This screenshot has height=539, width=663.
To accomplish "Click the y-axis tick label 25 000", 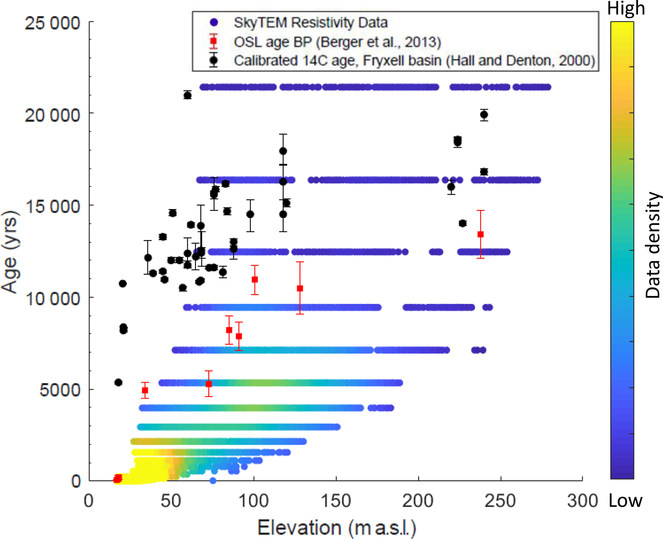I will (52, 23).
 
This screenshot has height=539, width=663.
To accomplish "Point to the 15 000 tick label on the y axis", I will (52, 206).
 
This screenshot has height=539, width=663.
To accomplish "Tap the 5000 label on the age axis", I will (60, 390).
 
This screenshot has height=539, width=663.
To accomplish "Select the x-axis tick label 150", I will (336, 501).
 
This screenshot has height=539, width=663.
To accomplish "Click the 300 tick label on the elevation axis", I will (582, 501).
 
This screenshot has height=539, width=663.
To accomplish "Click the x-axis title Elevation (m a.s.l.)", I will (337, 527).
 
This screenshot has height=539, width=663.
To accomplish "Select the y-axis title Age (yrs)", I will (10, 252).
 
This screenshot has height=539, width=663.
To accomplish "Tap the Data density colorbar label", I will (652, 245).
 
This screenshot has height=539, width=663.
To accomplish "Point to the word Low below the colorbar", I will (625, 501).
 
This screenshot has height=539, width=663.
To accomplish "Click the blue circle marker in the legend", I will (214, 22).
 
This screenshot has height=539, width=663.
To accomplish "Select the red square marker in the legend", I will (214, 41).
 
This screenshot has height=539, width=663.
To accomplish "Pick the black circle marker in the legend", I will (214, 60).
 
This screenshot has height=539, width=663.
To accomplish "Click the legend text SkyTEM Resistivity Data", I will (310, 22).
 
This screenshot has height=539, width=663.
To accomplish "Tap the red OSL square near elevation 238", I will (480, 234).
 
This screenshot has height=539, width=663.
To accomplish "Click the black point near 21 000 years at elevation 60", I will (188, 95).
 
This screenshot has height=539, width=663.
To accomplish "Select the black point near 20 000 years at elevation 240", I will (484, 115).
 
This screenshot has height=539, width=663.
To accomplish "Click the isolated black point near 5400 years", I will (118, 382).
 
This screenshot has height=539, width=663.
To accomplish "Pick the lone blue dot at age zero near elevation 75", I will (213, 481).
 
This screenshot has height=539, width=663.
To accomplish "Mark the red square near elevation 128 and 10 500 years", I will (300, 288).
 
